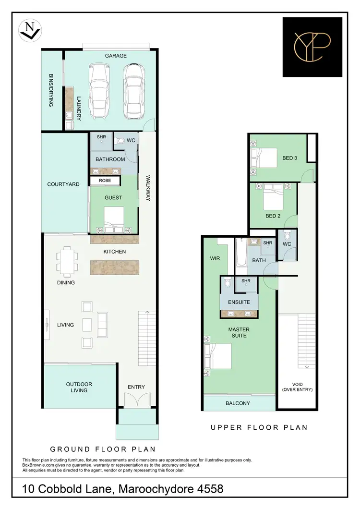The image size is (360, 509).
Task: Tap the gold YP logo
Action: pyautogui.click(x=312, y=47)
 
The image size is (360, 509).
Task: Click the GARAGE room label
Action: pyautogui.click(x=116, y=56)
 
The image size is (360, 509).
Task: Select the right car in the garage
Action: pyautogui.click(x=133, y=91)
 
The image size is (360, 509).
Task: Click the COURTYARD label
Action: pyautogui.click(x=63, y=184)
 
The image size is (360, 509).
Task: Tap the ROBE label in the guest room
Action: pyautogui.click(x=105, y=181)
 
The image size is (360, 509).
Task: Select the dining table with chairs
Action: pyautogui.click(x=66, y=261)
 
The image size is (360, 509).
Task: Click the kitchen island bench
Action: pyautogui.click(x=115, y=267)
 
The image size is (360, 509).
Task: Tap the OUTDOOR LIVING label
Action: pyautogui.click(x=79, y=387)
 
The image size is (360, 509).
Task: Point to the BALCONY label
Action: pyautogui.click(x=238, y=403)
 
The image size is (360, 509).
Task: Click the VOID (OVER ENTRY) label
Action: pyautogui.click(x=298, y=387)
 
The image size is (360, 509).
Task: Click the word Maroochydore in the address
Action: pyautogui.click(x=159, y=489)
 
